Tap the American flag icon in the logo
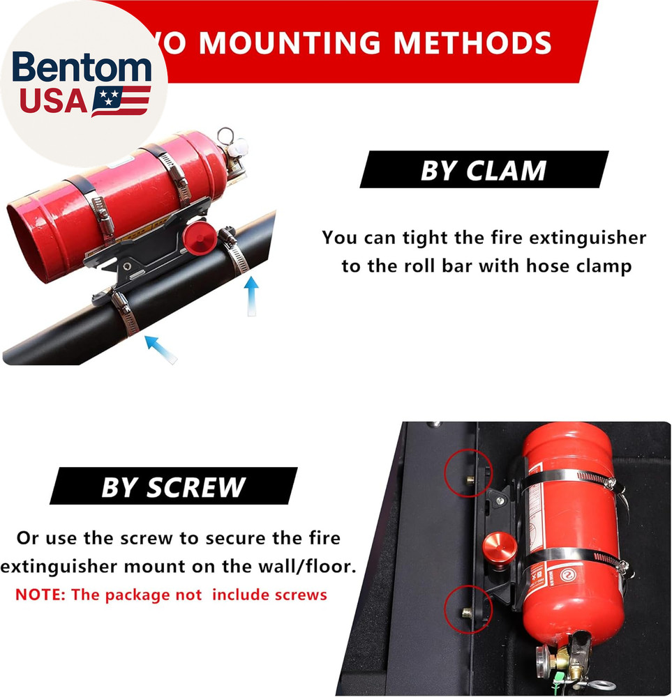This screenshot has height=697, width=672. pos(121,101)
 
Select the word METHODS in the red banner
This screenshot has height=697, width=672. pos(472,43)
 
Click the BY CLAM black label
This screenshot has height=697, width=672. pos(484,169)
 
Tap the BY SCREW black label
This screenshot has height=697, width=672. pos(173,486)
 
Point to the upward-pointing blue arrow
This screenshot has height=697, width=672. pos(252,297)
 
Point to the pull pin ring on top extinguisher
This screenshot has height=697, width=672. pos(225,135)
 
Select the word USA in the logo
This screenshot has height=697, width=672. pos(53,101)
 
